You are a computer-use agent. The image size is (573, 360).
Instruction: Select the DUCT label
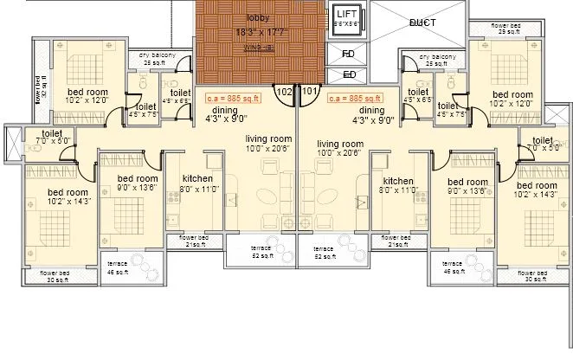pyautogui.click(x=422, y=22)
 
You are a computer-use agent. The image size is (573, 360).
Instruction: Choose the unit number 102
pyautogui.click(x=284, y=90)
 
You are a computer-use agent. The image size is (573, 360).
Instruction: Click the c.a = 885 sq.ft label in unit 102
pyautogui.click(x=235, y=99)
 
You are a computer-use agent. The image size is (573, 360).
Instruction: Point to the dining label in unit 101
pyautogui.click(x=371, y=111)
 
